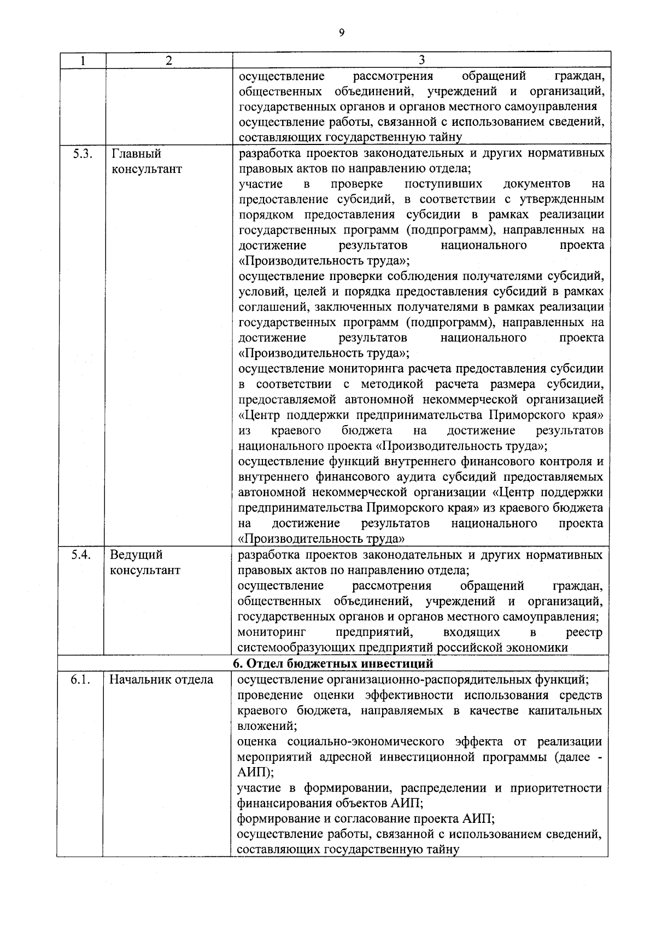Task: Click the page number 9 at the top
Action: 342,33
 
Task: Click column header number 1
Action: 81,61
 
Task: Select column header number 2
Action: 169,61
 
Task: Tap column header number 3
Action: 421,60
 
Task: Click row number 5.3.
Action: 81,153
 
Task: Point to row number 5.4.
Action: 81,555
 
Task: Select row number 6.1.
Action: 80,680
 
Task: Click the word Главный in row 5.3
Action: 136,154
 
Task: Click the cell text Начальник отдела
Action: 161,680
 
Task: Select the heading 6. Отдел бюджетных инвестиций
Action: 333,664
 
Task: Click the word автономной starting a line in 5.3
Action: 270,492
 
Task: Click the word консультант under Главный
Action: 147,169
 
